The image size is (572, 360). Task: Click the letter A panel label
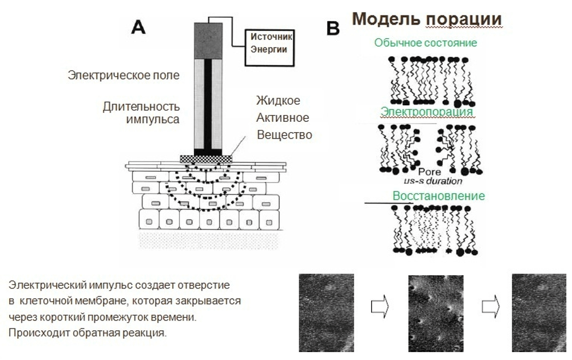[138, 26]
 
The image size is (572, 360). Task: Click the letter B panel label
[333, 29]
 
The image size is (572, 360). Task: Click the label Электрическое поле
[124, 75]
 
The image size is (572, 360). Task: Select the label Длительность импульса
[141, 113]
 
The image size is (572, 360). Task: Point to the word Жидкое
[279, 101]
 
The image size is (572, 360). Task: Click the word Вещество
[284, 135]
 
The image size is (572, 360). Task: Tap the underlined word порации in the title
[464, 18]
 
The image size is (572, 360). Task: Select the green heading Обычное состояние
[426, 43]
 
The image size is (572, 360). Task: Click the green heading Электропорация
[427, 112]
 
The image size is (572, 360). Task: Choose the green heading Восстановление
[439, 196]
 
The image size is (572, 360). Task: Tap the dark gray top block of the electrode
[208, 41]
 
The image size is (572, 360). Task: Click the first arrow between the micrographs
[380, 307]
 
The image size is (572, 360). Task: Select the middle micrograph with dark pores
[435, 312]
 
